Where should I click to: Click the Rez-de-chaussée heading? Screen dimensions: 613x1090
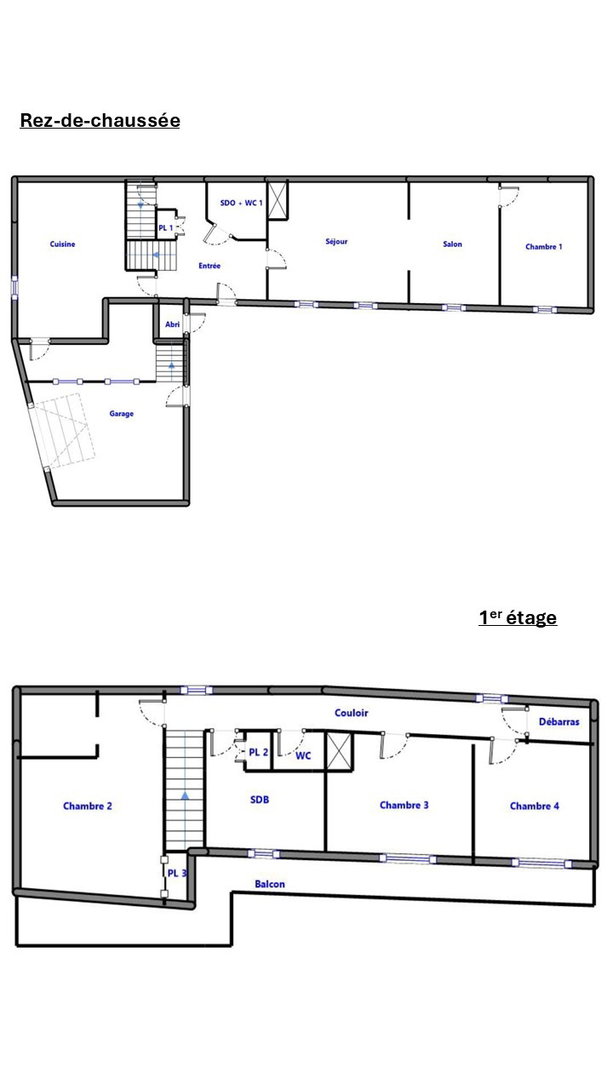[100, 120]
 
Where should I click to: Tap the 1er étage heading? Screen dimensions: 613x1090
[518, 617]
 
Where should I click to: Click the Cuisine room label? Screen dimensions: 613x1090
[63, 244]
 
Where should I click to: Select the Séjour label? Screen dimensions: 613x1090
[336, 241]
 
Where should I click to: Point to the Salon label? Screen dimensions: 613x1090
[452, 244]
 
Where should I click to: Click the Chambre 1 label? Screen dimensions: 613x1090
[543, 247]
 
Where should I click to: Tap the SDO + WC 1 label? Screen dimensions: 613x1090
[241, 203]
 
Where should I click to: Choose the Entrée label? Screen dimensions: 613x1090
[209, 266]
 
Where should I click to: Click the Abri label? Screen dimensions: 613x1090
[173, 324]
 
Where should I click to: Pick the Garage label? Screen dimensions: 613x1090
[122, 414]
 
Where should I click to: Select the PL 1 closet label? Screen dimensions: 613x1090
[166, 227]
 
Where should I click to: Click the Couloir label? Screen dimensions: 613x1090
[352, 713]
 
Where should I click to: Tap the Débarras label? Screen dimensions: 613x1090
[559, 721]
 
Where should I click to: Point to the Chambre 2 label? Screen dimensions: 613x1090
[88, 806]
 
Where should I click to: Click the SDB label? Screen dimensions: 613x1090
[260, 800]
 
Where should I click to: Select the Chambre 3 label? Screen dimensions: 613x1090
[404, 805]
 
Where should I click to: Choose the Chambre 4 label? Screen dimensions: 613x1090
[535, 806]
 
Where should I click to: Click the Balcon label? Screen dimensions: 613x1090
[270, 884]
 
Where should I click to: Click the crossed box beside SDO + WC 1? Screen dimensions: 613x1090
[278, 199]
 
